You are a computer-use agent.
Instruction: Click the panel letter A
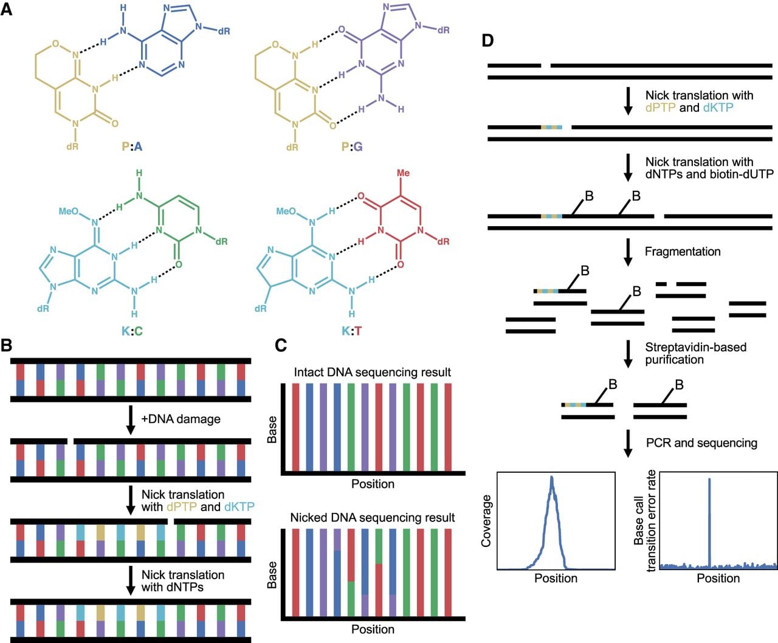point(6,9)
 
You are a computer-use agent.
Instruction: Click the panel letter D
point(487,40)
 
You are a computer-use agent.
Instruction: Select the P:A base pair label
point(132,146)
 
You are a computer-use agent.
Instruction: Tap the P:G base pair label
point(352,146)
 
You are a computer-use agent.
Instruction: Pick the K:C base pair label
point(132,331)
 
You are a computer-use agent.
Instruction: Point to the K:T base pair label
point(352,331)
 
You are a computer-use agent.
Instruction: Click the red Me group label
point(403,173)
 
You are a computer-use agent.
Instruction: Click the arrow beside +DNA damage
point(131,420)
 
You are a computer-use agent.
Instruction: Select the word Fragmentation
point(683,252)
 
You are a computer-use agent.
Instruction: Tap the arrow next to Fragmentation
point(628,252)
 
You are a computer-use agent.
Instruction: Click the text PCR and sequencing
point(701,443)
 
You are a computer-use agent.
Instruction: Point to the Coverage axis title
point(486,521)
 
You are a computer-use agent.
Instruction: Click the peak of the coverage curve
point(551,477)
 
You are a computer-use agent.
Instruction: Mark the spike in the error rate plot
point(709,521)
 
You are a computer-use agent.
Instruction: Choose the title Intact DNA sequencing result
point(372,372)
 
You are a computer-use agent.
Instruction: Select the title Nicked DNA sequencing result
point(373,517)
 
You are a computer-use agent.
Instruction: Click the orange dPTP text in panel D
point(660,108)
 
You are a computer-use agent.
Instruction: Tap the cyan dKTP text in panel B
point(239,507)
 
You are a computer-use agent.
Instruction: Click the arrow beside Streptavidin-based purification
point(628,354)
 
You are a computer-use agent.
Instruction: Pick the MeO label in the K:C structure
point(69,211)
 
